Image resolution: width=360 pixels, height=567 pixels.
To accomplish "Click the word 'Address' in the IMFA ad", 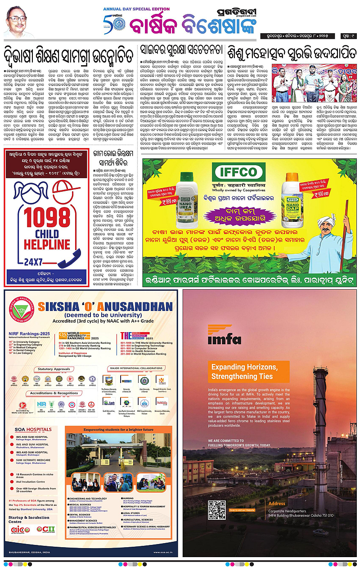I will (x=277, y=504).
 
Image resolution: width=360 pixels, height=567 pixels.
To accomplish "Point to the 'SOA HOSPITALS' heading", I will (x=32, y=430).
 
